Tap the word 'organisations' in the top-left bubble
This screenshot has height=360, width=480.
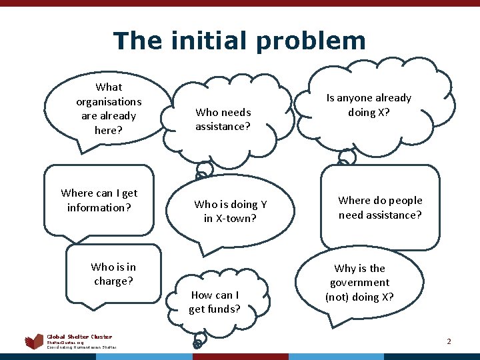coord(109,101)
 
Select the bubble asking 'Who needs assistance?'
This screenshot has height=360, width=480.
coord(223,119)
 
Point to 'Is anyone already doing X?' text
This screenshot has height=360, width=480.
coord(369,105)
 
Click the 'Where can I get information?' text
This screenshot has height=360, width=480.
coord(99,200)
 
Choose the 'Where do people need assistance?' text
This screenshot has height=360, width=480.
coord(380,207)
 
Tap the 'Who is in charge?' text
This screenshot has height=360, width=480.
coord(113,274)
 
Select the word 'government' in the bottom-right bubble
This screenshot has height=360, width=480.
coord(360,283)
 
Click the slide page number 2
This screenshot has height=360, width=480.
coord(449,341)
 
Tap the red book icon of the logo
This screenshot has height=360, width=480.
coord(34,342)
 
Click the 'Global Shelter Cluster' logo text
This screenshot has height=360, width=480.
coord(79,337)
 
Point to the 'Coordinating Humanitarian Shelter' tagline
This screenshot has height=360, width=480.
coord(81,347)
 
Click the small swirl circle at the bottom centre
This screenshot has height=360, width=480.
coord(197,344)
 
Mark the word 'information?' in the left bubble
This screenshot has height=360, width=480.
coord(99,207)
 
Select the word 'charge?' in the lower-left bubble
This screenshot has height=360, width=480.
coord(113,281)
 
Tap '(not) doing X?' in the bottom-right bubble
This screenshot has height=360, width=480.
coord(359,297)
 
